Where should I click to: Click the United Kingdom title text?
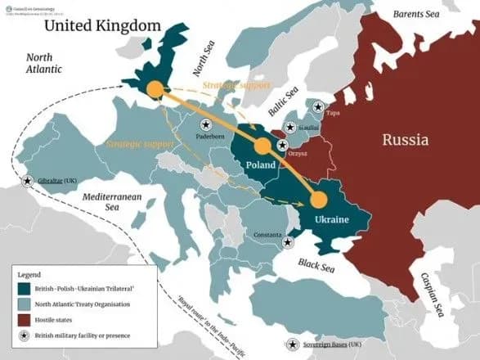102,25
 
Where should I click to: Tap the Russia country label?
405,140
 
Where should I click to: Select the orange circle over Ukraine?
317,200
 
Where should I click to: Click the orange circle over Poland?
262,146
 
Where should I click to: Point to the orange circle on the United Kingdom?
153,88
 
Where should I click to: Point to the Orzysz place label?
298,151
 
